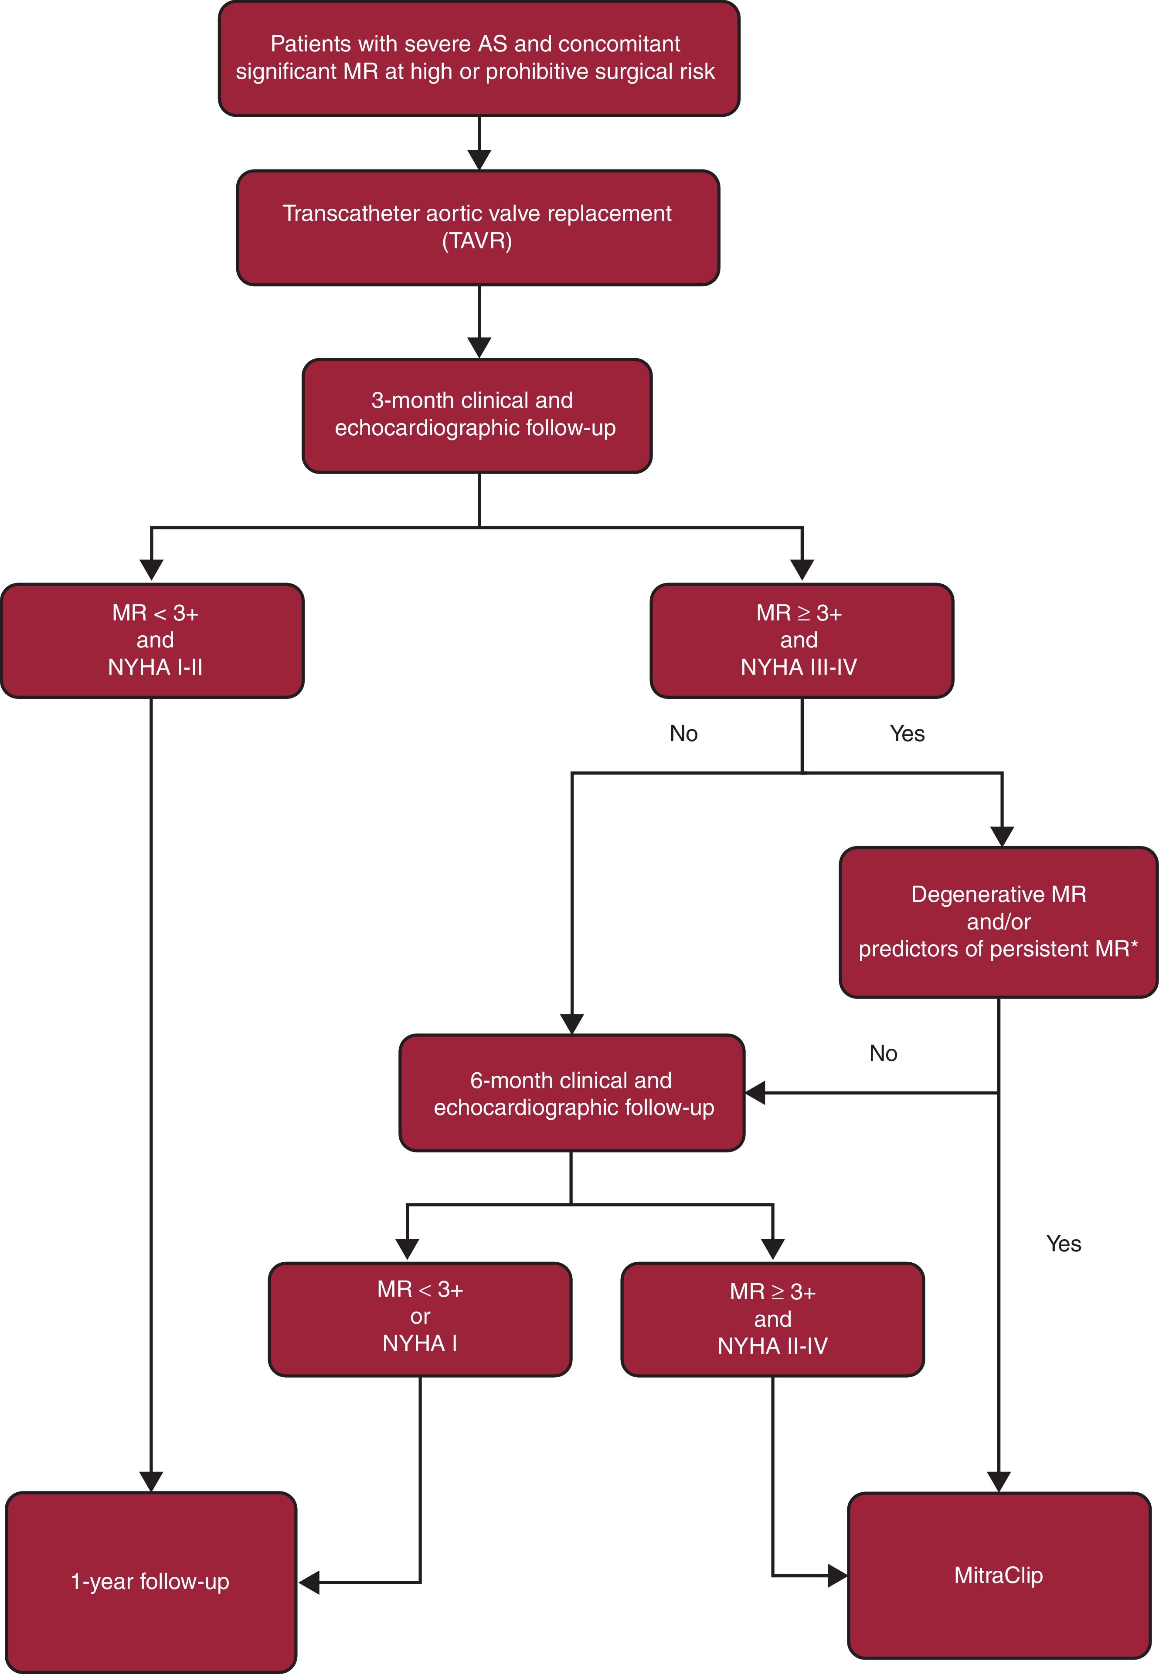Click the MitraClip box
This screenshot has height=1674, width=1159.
[999, 1575]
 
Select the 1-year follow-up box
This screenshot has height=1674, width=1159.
[150, 1581]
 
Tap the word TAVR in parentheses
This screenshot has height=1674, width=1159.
[477, 240]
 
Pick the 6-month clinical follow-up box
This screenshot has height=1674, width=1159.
[571, 1093]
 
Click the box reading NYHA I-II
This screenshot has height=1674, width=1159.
[153, 640]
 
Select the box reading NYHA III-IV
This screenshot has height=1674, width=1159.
[801, 640]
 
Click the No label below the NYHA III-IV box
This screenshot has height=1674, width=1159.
[683, 733]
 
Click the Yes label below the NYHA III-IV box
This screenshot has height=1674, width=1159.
[907, 733]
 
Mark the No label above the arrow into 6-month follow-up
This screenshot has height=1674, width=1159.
[883, 1053]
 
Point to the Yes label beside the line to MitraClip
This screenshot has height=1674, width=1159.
[1063, 1244]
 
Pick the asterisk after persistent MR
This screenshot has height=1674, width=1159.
[1134, 946]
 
